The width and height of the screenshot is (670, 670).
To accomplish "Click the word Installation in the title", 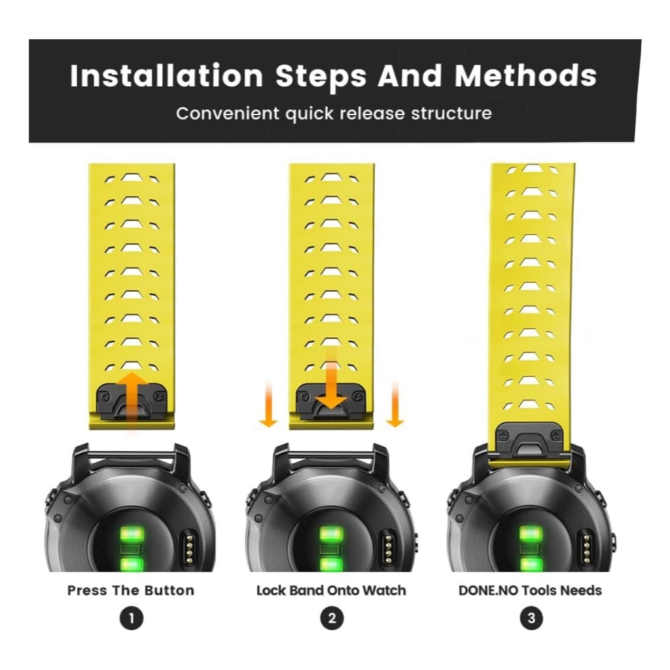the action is click(x=166, y=76).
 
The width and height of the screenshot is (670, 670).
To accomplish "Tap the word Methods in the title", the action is click(x=525, y=76).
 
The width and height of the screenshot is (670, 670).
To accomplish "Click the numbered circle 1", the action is click(x=131, y=618).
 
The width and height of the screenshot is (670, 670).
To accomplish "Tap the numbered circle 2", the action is click(x=332, y=618).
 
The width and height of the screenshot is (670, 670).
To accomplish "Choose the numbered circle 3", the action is click(x=531, y=618).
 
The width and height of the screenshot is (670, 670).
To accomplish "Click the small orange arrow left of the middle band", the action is click(x=268, y=404).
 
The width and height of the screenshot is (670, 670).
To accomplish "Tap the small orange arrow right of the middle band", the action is click(x=395, y=404).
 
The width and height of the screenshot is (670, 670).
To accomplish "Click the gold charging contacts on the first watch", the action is click(x=188, y=548).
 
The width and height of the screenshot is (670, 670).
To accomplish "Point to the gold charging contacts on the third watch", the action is click(x=587, y=548).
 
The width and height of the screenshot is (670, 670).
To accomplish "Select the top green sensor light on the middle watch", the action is click(x=332, y=533).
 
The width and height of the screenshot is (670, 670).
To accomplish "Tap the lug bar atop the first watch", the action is click(x=131, y=457).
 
